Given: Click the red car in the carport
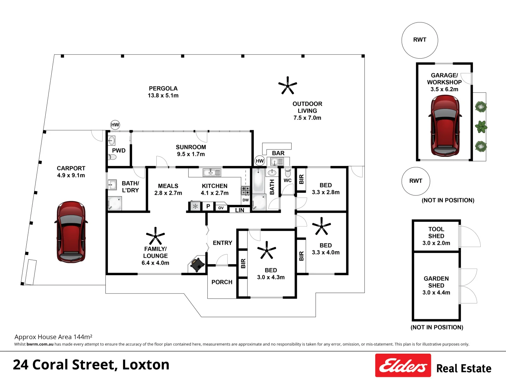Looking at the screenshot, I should click(71, 232).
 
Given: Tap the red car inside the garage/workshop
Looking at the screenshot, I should click(445, 125).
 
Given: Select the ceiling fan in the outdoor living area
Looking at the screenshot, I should click(287, 85).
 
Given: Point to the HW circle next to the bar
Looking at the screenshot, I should click(260, 161).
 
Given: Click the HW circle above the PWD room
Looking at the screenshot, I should click(115, 125).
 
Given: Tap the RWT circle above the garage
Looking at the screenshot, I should click(420, 40).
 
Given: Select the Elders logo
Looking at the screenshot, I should click(403, 365).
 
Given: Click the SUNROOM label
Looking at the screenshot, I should click(191, 147).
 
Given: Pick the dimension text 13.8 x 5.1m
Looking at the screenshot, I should click(163, 95).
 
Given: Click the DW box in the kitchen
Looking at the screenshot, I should click(246, 200).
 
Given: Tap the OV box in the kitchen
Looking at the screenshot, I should click(221, 207).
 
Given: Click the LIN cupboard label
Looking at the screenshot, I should click(240, 210).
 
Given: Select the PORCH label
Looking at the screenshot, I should click(222, 282).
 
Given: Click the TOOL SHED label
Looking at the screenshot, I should click(436, 232).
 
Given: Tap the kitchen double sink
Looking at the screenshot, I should click(212, 172).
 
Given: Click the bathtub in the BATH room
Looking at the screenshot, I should click(259, 180).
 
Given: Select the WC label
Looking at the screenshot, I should click(287, 180).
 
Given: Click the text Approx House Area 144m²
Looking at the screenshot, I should click(53, 337).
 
